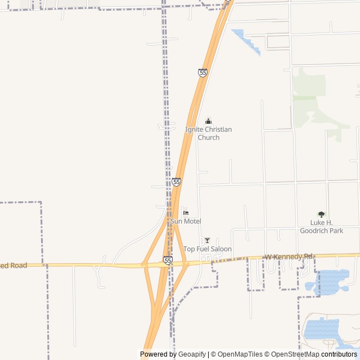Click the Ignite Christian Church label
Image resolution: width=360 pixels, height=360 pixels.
click(x=208, y=133)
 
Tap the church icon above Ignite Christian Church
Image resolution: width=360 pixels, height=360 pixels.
click(x=209, y=121)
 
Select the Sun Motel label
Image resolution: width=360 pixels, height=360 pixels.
click(x=186, y=222)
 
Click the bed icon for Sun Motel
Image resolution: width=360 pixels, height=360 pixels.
click(x=186, y=213)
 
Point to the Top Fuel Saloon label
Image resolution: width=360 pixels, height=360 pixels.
click(x=207, y=249)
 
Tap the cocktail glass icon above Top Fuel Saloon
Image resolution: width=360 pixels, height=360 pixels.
click(x=207, y=241)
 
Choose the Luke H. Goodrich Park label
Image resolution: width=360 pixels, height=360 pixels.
click(x=321, y=227)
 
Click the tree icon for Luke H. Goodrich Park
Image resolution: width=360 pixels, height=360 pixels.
click(x=321, y=214)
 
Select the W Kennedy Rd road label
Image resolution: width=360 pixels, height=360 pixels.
click(x=289, y=256)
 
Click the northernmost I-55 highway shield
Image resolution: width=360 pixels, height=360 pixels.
click(x=202, y=73)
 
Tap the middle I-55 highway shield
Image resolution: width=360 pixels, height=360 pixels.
click(x=177, y=182)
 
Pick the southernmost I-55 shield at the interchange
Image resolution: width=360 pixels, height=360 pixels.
click(x=168, y=260)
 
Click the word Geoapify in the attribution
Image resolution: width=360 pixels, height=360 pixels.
click(x=192, y=354)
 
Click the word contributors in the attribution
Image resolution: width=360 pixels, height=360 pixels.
click(x=339, y=354)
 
